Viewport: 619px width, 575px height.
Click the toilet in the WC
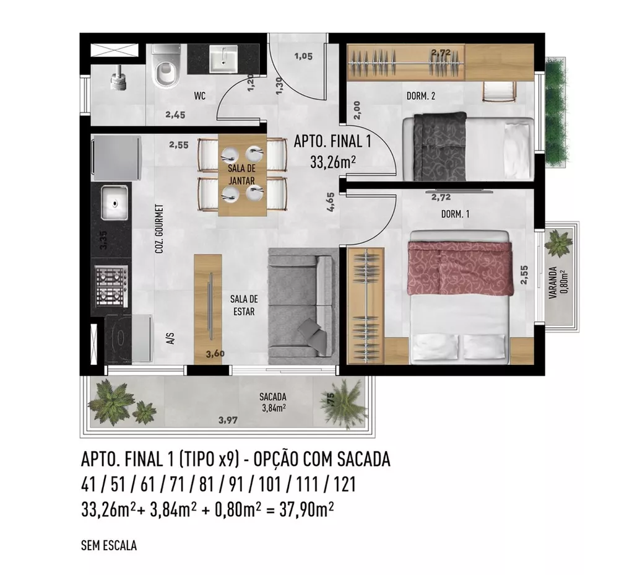tap(165, 70)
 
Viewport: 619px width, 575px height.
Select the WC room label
tap(199, 96)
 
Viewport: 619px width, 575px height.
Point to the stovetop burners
tap(111, 287)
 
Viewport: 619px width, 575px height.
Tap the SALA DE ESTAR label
tap(243, 305)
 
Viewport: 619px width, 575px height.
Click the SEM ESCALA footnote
tap(108, 546)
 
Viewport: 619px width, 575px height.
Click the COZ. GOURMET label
tap(159, 227)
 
